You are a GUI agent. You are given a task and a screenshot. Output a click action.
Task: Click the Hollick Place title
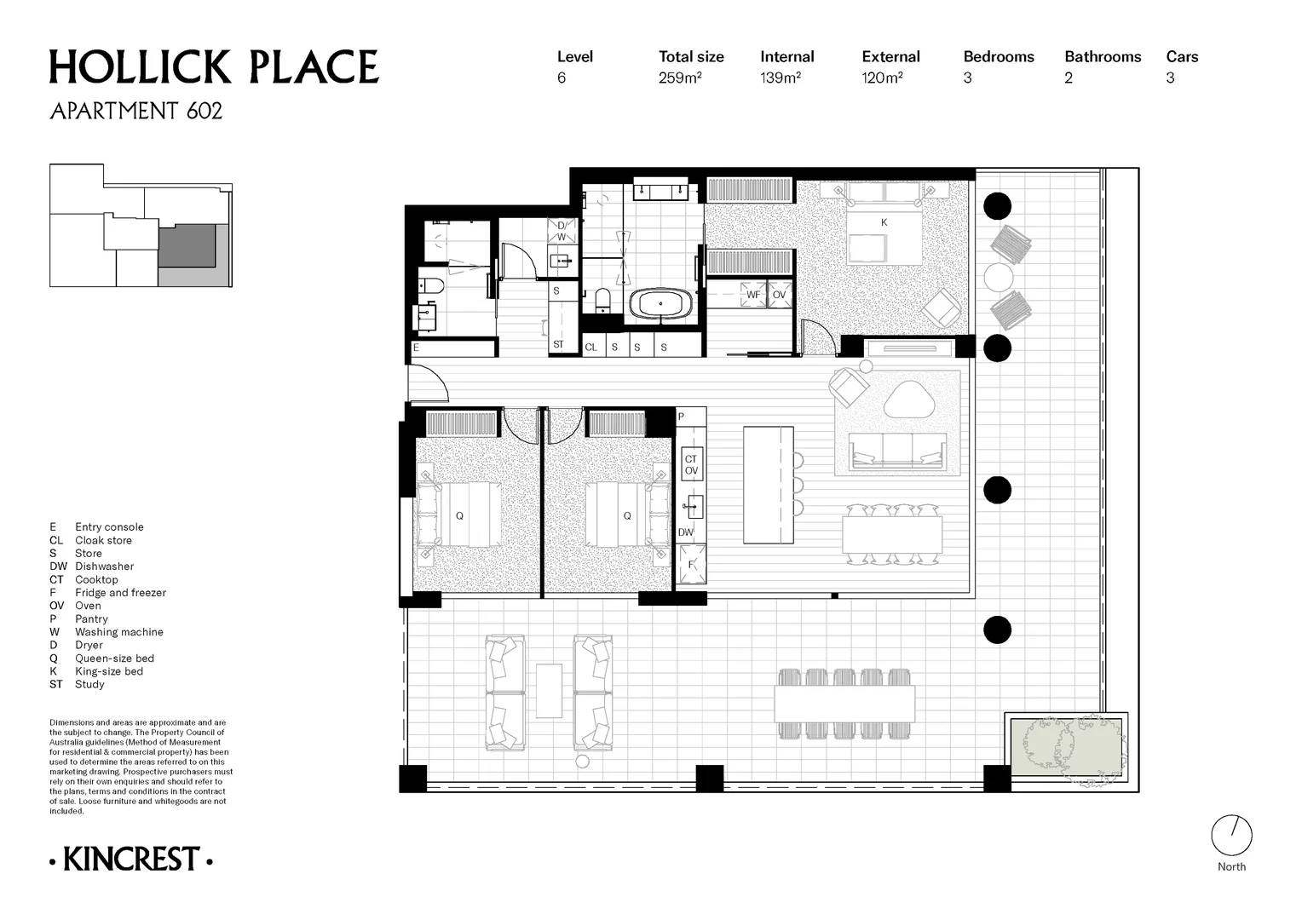click(x=213, y=68)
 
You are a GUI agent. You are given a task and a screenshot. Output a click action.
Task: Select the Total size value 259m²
click(x=680, y=78)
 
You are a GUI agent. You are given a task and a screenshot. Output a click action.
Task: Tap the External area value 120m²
click(x=882, y=78)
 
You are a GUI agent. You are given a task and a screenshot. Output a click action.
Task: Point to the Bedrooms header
click(x=998, y=57)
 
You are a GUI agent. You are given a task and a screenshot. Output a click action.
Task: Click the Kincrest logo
click(x=131, y=860)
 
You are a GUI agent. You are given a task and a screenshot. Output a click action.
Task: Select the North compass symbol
click(x=1231, y=836)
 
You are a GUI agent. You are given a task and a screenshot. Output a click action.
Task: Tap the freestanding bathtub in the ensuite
click(x=661, y=304)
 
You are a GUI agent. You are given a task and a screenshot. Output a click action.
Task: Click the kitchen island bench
click(x=768, y=485)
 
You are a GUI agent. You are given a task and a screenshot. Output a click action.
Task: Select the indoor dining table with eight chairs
click(x=892, y=535)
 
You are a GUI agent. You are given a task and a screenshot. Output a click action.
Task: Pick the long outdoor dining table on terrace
click(x=844, y=704)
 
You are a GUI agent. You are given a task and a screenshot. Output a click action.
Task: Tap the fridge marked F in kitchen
click(x=691, y=564)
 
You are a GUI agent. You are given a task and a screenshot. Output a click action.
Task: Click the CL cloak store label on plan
click(x=591, y=347)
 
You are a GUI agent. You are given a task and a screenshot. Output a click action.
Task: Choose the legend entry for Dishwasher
click(x=104, y=566)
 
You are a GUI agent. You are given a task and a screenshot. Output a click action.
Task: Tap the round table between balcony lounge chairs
click(x=997, y=277)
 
